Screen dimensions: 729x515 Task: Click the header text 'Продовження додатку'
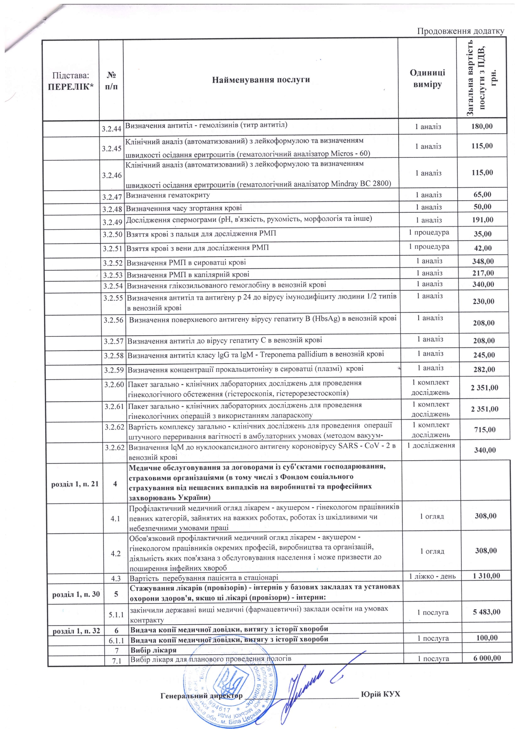[460, 31]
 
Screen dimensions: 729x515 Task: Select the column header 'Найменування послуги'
[261, 80]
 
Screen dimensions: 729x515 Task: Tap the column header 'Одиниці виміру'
[427, 78]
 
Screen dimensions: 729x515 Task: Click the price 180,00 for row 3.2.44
[482, 126]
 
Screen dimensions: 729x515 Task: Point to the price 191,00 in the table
[483, 220]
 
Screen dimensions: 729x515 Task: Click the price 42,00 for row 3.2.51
[483, 248]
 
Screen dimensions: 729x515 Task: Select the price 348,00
[483, 261]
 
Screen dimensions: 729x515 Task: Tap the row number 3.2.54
[113, 286]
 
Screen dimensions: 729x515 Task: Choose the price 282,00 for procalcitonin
[484, 369]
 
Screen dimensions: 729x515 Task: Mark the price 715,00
[485, 430]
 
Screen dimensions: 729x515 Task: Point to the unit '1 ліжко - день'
[432, 576]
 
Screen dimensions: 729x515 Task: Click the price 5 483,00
[486, 612]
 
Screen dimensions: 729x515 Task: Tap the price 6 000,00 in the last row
[487, 658]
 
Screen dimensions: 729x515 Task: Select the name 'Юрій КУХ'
[380, 694]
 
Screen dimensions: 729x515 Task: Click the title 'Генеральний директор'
[201, 696]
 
